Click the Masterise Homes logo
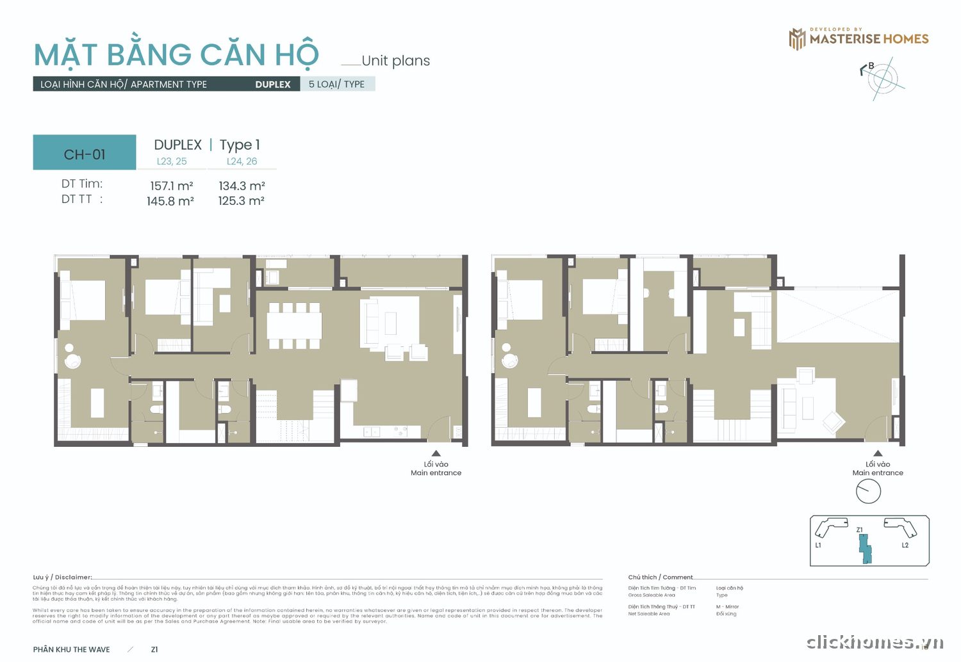tap(858, 38)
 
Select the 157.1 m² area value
tap(171, 186)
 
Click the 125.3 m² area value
tap(241, 200)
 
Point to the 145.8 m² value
tap(170, 201)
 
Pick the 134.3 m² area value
tap(242, 186)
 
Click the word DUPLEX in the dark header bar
tap(272, 85)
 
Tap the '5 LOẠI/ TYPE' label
tap(336, 84)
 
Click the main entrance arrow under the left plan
tap(436, 453)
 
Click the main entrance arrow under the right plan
tap(878, 453)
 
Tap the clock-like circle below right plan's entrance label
tap(868, 491)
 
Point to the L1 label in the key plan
tap(818, 545)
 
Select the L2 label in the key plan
tap(905, 545)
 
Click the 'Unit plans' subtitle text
tap(395, 61)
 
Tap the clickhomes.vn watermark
tap(875, 642)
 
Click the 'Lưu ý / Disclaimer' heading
tap(63, 577)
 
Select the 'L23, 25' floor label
tap(172, 161)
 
